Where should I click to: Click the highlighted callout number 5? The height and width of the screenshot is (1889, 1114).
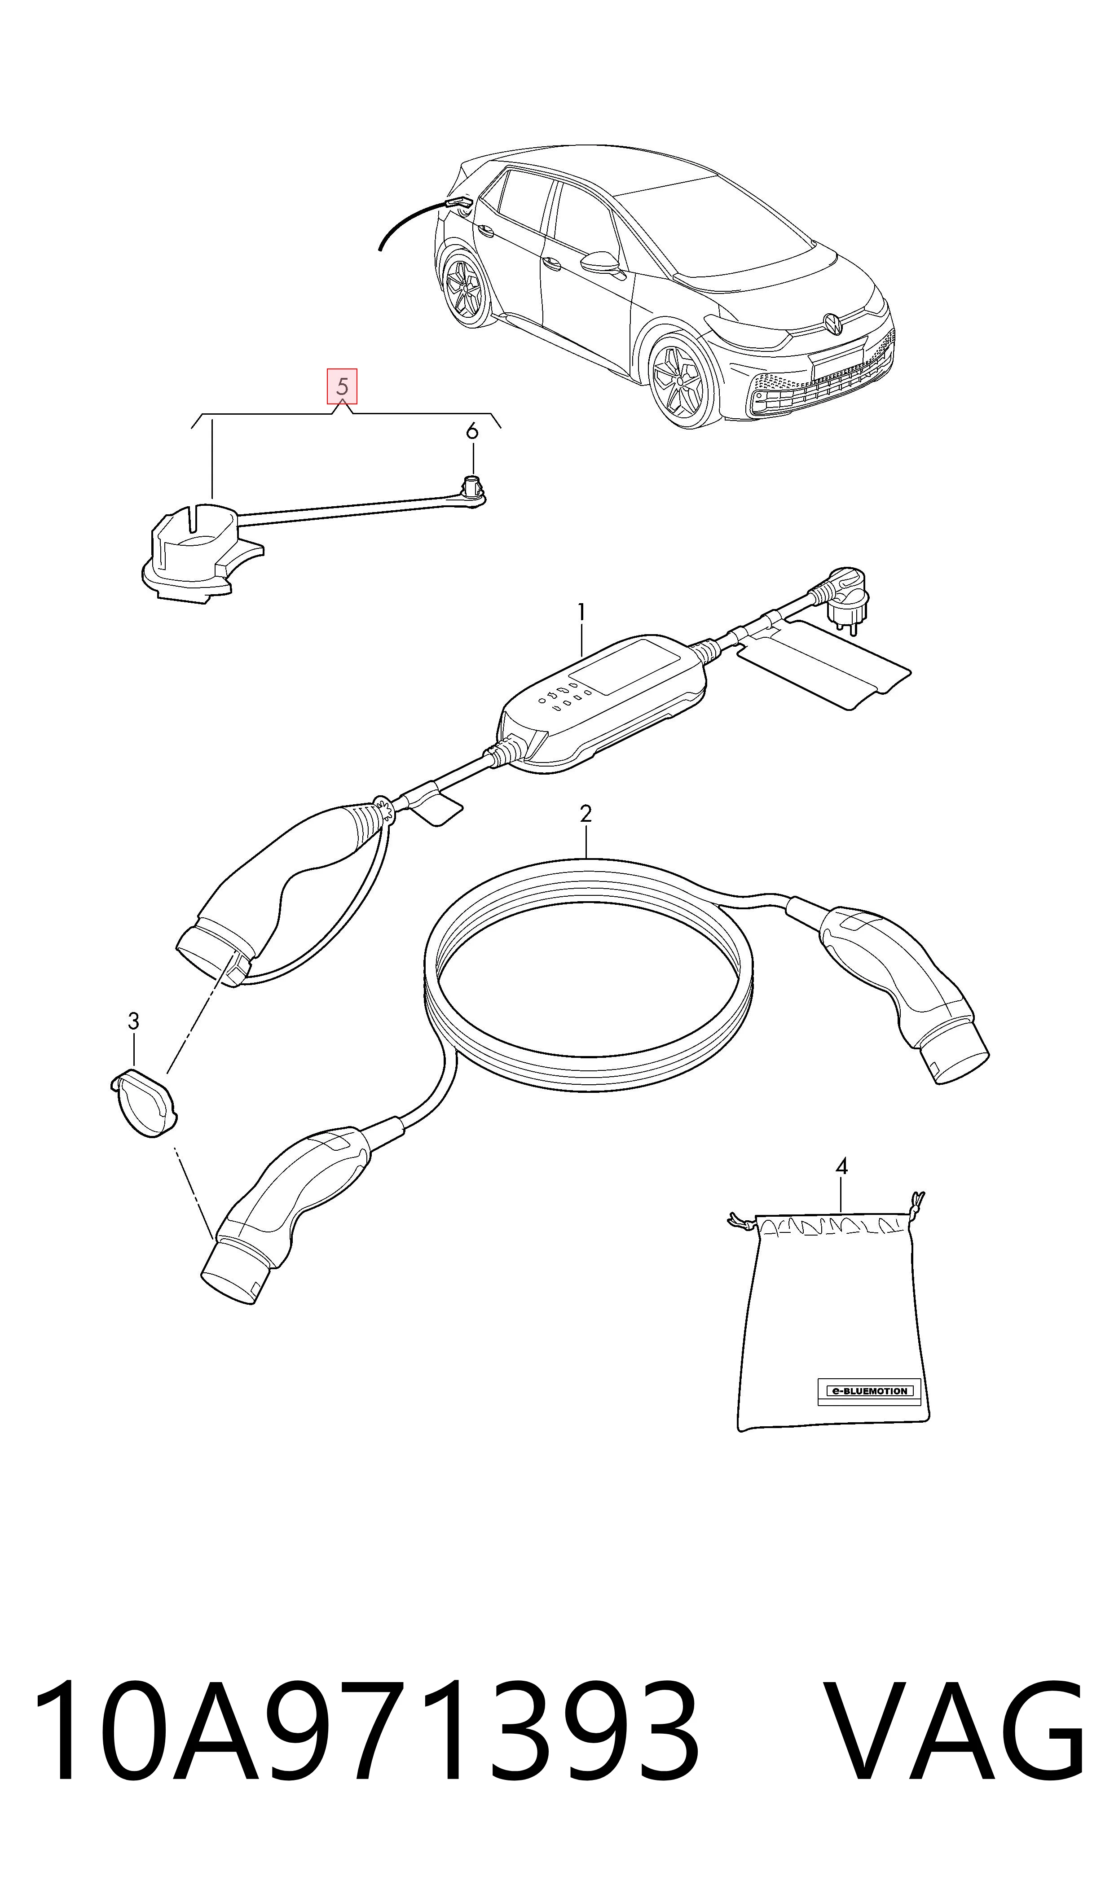click(342, 386)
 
